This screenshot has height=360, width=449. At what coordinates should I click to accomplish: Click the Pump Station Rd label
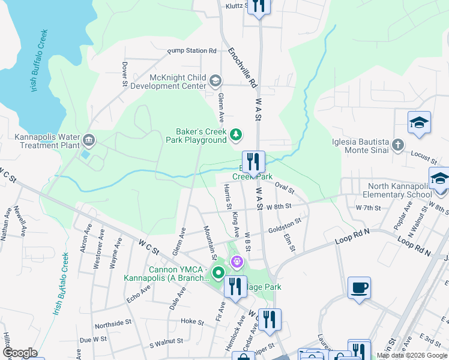click(191, 51)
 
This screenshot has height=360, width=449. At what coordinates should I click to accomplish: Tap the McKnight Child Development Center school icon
click(215, 80)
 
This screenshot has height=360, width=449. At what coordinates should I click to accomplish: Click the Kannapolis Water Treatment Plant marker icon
click(89, 140)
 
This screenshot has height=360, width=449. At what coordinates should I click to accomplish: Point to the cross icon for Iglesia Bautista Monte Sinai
click(397, 145)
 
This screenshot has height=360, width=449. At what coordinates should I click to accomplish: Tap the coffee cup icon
click(359, 287)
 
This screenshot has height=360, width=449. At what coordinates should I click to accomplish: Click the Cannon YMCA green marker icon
click(217, 274)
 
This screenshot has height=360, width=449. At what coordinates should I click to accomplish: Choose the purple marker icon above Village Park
click(237, 262)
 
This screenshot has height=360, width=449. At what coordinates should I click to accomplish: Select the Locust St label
click(424, 158)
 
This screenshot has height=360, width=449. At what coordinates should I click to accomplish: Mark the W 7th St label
click(369, 208)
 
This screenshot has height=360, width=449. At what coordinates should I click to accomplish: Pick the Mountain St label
click(209, 239)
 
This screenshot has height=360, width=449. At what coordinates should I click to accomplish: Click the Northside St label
click(113, 323)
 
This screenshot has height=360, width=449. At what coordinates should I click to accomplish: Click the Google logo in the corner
click(20, 353)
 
